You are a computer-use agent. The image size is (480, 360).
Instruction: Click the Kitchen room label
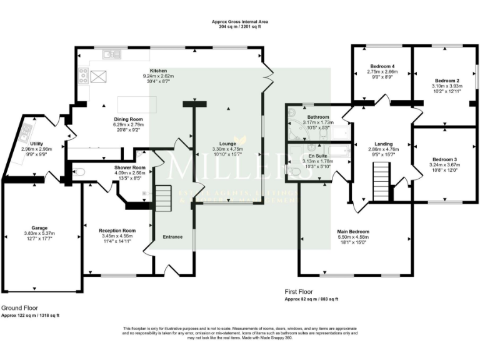pos(158,71)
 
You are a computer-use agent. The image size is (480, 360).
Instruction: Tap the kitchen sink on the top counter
pos(112,54)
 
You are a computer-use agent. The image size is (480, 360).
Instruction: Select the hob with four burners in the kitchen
pos(82,76)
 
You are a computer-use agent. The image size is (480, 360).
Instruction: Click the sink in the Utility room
pos(26,132)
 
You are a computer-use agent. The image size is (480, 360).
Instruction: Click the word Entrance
pos(172,237)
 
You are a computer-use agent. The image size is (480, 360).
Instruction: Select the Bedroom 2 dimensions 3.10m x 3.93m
pos(447,86)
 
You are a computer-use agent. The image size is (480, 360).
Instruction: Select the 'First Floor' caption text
pos(299,291)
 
